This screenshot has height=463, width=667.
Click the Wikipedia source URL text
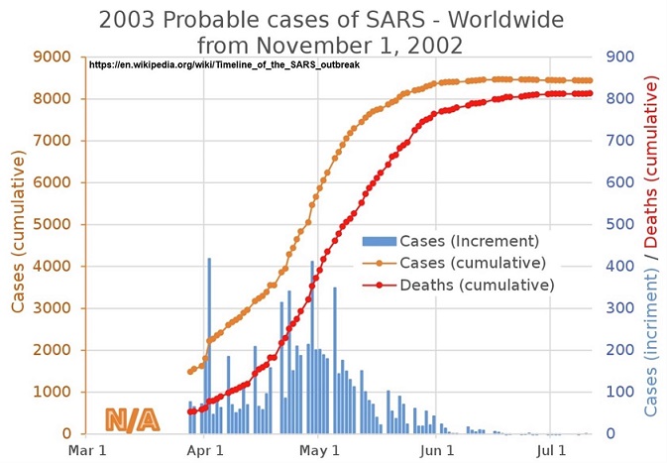coord(224,64)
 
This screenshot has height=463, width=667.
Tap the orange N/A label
coord(132,419)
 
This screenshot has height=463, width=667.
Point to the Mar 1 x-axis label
coord(88,450)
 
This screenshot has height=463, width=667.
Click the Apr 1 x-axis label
coord(204,450)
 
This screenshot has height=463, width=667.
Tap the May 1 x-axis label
coord(318,450)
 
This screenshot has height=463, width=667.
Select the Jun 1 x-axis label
coord(435,450)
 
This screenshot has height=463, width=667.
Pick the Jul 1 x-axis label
coord(548,450)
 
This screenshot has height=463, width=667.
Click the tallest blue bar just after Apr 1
coord(209,345)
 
